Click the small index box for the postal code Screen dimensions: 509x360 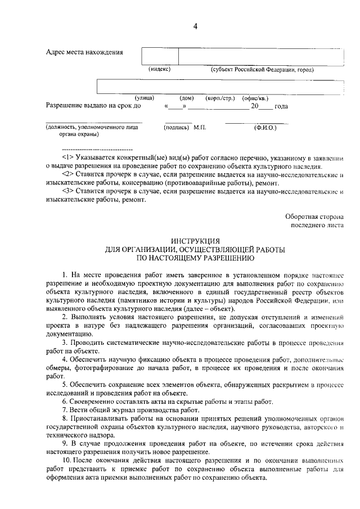coord(160,56)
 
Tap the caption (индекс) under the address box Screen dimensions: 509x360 coord(160,69)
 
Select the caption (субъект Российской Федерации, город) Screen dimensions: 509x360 coord(262,70)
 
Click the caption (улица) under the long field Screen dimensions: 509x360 coord(144,97)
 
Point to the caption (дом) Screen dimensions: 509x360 coord(186,98)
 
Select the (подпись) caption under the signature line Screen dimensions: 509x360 coord(176,128)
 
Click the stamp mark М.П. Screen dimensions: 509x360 coord(200,128)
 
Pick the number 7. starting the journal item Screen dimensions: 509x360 coord(65,410)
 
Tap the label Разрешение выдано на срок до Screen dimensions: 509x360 coord(93,105)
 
